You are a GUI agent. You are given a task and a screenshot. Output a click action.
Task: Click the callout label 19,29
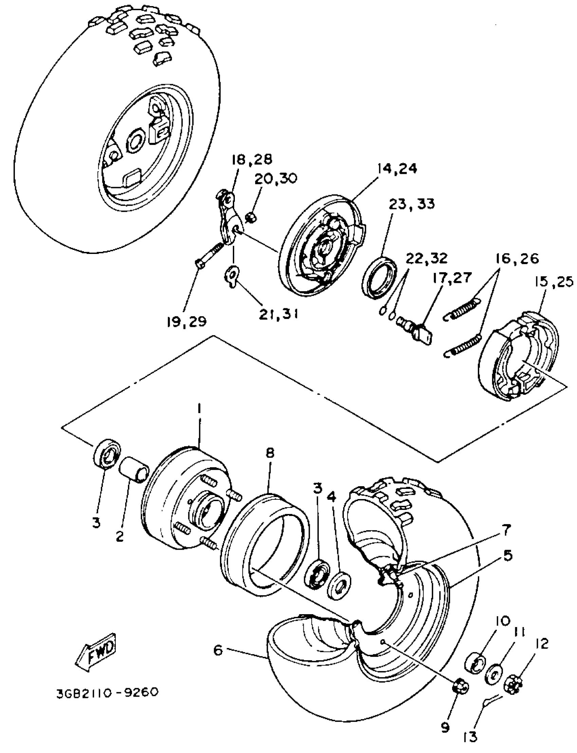[187, 322]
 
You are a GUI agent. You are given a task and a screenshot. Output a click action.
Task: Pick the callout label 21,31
[279, 314]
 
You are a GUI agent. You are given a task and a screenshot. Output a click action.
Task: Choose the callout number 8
[270, 453]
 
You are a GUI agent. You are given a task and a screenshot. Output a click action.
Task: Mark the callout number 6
[218, 650]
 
